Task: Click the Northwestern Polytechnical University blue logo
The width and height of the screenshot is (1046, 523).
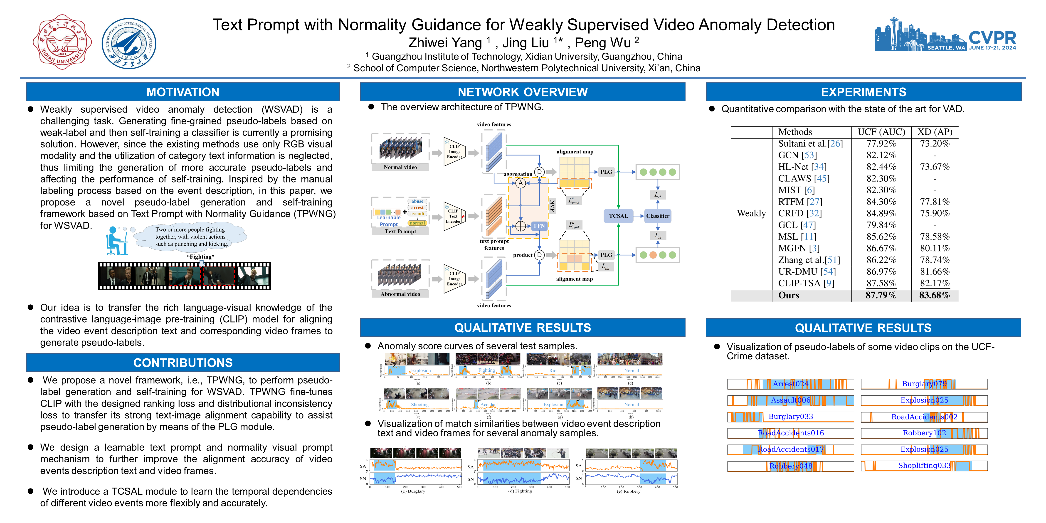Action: [129, 43]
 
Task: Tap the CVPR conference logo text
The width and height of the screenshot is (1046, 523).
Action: [992, 38]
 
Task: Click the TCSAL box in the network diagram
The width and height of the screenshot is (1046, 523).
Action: [618, 216]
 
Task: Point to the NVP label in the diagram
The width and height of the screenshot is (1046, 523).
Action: [552, 205]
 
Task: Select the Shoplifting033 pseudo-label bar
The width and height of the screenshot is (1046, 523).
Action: [924, 466]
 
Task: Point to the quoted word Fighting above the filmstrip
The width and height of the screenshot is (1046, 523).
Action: [201, 257]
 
